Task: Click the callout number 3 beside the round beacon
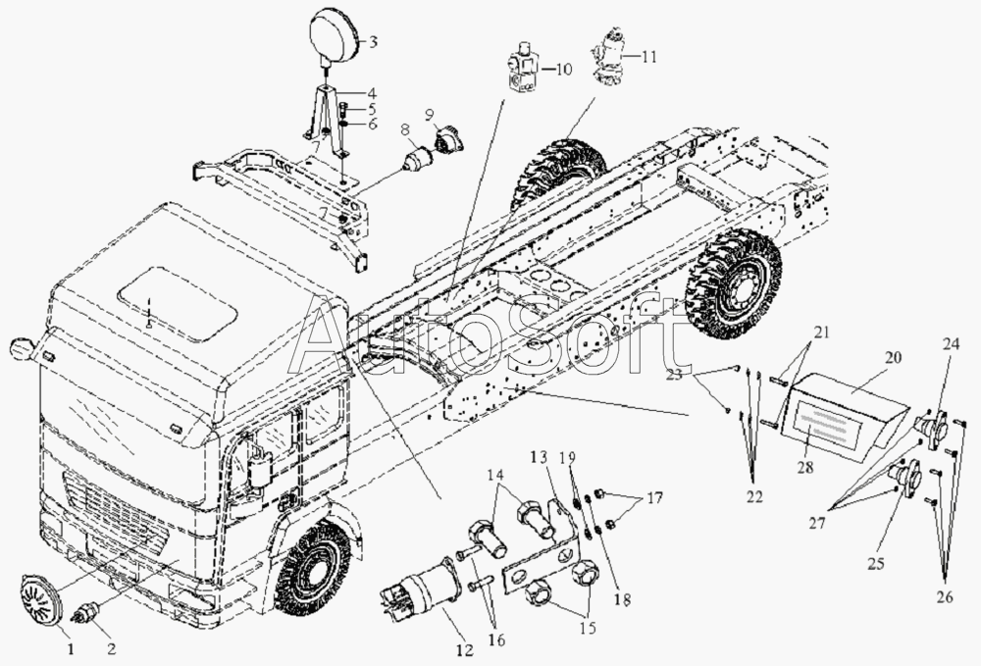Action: [373, 42]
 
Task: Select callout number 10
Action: [563, 68]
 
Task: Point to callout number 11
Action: [648, 56]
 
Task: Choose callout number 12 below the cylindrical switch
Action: [465, 651]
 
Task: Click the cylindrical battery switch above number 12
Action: [424, 589]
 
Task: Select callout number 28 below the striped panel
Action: [805, 466]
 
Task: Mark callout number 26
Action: [945, 597]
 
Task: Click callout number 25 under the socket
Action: [876, 563]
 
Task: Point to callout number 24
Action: [952, 345]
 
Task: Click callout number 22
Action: [754, 496]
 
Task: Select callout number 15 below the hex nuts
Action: [587, 627]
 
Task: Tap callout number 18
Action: [622, 599]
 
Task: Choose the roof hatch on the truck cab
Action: [178, 303]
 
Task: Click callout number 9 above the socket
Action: [430, 115]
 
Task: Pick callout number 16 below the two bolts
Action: [496, 640]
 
